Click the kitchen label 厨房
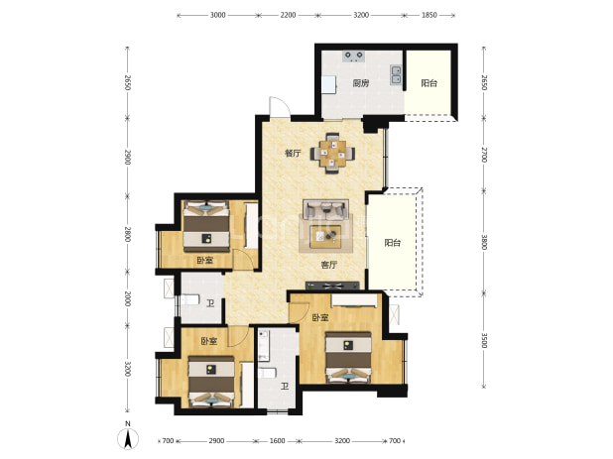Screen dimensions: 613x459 click(360, 83)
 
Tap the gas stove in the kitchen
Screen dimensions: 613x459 click(354, 57)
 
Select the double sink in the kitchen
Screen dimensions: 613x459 click(396, 74)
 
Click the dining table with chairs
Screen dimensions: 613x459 click(332, 153)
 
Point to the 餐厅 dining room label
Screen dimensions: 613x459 click(293, 153)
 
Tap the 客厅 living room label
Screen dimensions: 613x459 click(328, 265)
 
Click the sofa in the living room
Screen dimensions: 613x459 click(326, 209)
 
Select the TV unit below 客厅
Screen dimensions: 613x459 click(332, 286)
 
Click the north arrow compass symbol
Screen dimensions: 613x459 click(127, 437)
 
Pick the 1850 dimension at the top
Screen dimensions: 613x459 click(429, 15)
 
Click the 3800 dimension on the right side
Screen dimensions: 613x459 click(484, 242)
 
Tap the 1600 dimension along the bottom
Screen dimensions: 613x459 click(277, 441)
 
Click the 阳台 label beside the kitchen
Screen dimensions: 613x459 click(429, 83)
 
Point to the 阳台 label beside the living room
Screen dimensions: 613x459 click(393, 243)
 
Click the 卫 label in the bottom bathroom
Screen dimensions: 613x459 click(285, 387)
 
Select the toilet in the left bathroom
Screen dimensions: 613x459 click(190, 300)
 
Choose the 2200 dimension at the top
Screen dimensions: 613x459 click(288, 15)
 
